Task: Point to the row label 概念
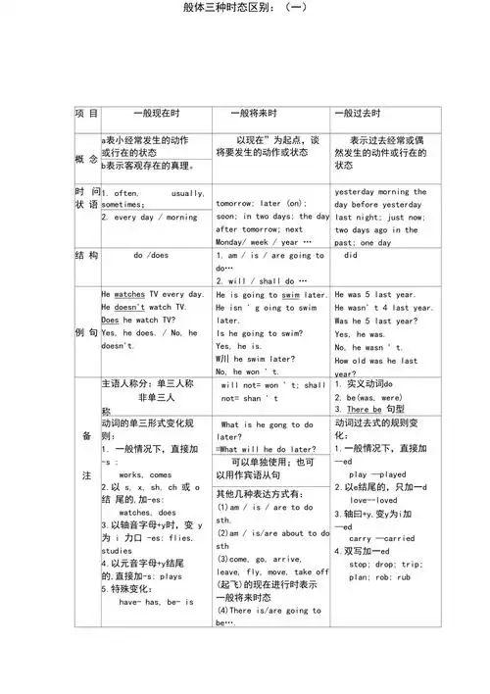click(x=86, y=159)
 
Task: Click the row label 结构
click(x=86, y=255)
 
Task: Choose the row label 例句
click(x=86, y=332)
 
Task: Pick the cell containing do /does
click(x=151, y=255)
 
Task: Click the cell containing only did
click(x=351, y=255)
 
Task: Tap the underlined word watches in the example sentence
click(x=129, y=294)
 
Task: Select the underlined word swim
click(x=290, y=294)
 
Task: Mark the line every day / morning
click(x=149, y=218)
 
